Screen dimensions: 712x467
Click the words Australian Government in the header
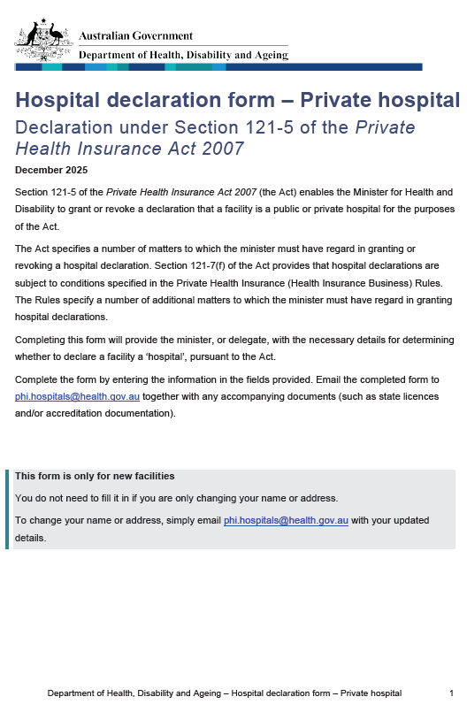135,36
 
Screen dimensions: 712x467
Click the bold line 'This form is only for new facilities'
95,476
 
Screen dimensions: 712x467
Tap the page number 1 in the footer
451,693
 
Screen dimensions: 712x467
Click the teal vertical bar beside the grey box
8,509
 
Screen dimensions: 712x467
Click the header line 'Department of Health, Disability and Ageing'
183,55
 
